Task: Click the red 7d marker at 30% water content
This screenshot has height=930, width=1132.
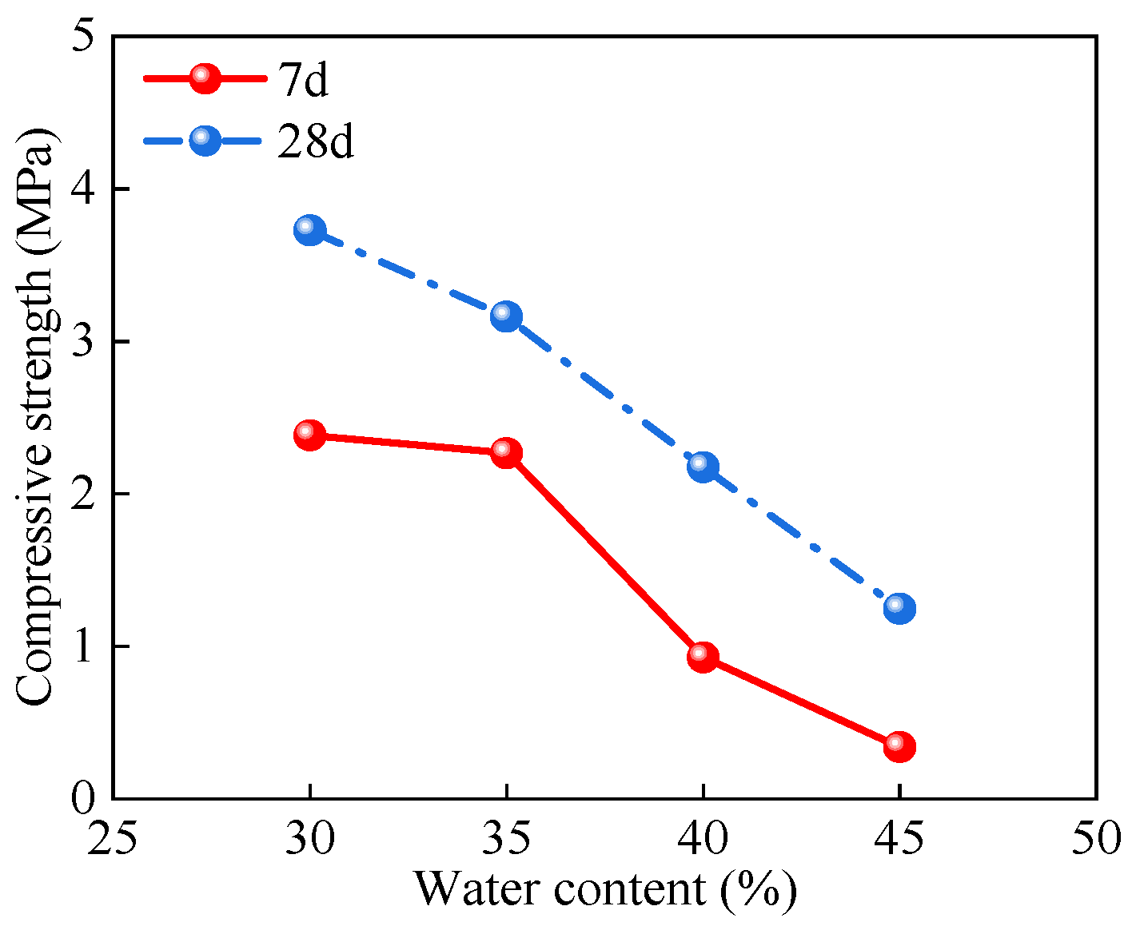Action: pyautogui.click(x=309, y=435)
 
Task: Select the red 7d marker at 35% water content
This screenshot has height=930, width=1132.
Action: pyautogui.click(x=506, y=453)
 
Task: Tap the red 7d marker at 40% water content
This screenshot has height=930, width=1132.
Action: pyautogui.click(x=703, y=657)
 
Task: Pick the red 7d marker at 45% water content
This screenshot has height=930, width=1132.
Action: pyautogui.click(x=899, y=747)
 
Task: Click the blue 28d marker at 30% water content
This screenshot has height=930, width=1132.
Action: pyautogui.click(x=309, y=230)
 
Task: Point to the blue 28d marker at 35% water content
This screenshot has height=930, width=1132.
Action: pyautogui.click(x=506, y=316)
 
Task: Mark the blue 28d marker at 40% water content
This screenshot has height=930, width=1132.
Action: pyautogui.click(x=703, y=467)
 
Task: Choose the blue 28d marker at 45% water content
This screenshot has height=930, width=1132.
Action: pyautogui.click(x=899, y=609)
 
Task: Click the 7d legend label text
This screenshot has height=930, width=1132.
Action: pyautogui.click(x=303, y=80)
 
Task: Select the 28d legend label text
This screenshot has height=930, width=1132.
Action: pyautogui.click(x=316, y=141)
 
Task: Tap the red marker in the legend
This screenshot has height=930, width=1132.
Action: pyautogui.click(x=205, y=78)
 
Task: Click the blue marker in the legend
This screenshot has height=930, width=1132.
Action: pyautogui.click(x=205, y=141)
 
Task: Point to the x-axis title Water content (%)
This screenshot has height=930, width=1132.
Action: pyautogui.click(x=605, y=888)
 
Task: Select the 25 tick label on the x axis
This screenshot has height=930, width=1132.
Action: pyautogui.click(x=113, y=839)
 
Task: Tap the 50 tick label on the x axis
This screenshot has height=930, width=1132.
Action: pyautogui.click(x=1096, y=839)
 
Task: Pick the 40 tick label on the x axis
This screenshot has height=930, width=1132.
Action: pyautogui.click(x=703, y=839)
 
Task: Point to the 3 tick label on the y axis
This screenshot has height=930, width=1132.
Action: pyautogui.click(x=83, y=342)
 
